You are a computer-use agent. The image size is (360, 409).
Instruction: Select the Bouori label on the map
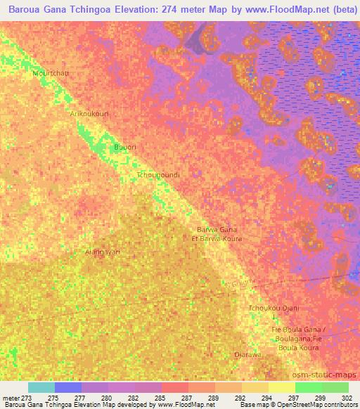[124, 148]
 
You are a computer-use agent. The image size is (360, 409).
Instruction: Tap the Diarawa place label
[247, 354]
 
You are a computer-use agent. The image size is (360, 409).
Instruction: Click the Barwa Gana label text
[217, 230]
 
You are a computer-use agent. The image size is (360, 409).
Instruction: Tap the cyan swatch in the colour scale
[41, 387]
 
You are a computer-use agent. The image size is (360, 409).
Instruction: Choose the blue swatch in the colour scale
[68, 387]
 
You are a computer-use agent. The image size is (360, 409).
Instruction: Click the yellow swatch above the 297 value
[282, 387]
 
